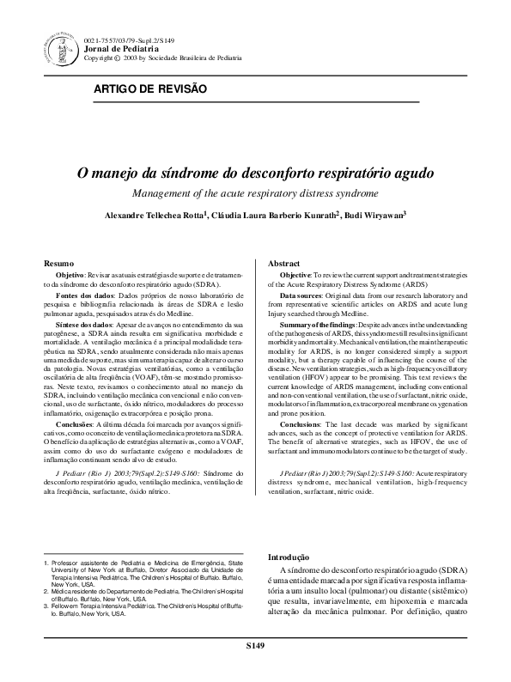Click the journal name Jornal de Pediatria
click(x=118, y=49)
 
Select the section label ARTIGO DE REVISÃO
click(x=150, y=88)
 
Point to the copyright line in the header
click(x=164, y=58)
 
